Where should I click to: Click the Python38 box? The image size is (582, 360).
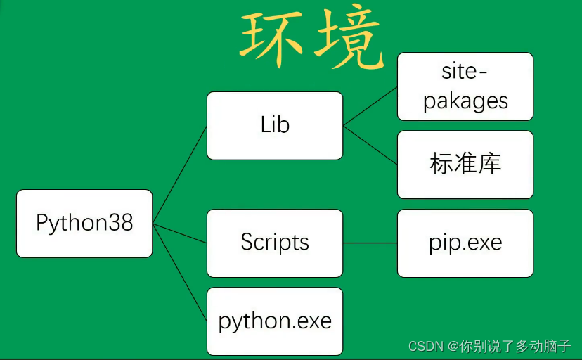[x=84, y=224]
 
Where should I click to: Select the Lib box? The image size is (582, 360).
[x=275, y=125]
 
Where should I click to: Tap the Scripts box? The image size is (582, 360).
[x=275, y=243]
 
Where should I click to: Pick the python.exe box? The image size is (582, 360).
[x=275, y=321]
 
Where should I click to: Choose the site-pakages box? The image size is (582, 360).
[x=465, y=86]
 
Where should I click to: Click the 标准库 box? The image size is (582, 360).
[x=465, y=164]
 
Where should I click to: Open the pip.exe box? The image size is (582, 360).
[x=465, y=243]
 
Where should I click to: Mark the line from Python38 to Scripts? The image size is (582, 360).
[x=180, y=234]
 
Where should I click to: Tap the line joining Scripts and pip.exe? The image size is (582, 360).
[x=370, y=243]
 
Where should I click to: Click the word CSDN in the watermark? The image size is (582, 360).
[x=424, y=347]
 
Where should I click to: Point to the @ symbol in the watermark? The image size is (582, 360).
[x=451, y=347]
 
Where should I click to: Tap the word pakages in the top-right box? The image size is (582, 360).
[x=465, y=101]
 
